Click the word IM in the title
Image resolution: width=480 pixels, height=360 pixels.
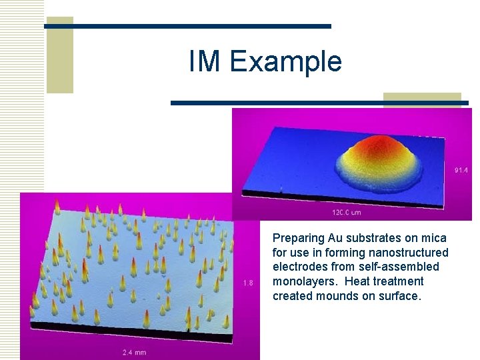click(205, 61)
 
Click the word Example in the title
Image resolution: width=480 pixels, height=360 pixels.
click(285, 62)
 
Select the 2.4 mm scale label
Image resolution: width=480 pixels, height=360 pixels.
click(134, 352)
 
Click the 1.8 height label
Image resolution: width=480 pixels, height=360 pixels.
click(247, 283)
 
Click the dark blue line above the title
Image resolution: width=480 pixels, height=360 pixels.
click(187, 26)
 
